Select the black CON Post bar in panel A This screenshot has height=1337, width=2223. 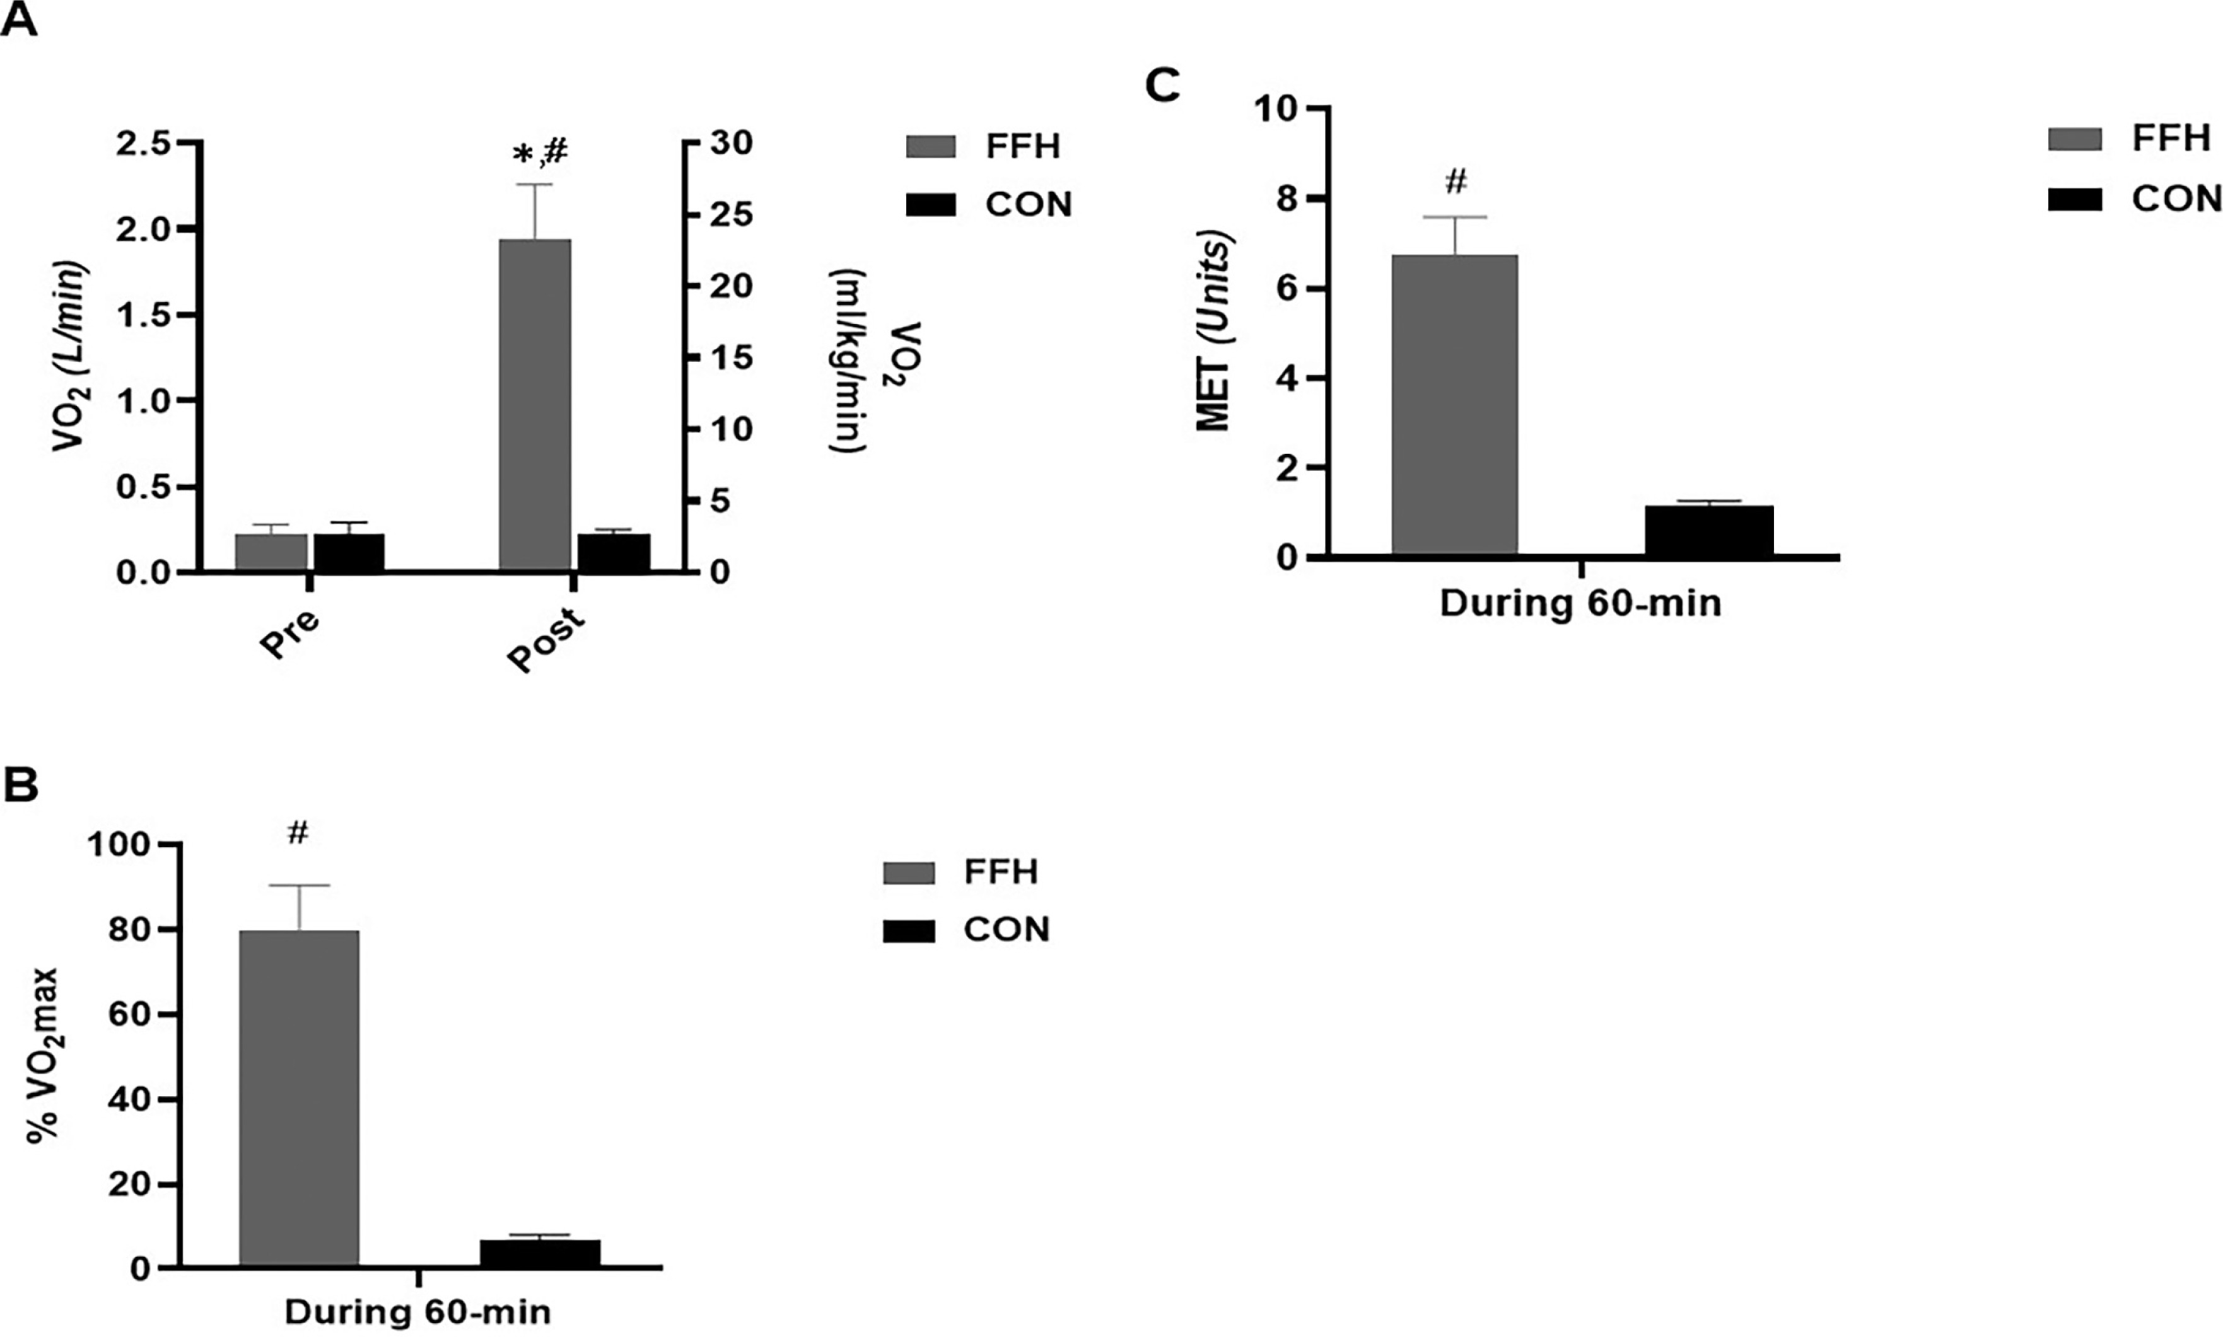click(614, 552)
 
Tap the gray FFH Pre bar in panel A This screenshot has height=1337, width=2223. click(271, 552)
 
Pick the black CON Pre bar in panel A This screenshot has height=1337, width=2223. click(349, 552)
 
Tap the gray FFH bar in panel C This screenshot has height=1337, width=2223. click(1454, 405)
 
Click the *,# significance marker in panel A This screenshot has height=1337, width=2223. click(540, 154)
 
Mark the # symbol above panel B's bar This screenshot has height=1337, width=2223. click(298, 833)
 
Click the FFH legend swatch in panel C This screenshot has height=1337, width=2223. click(2074, 140)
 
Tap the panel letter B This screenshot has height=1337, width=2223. click(21, 784)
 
